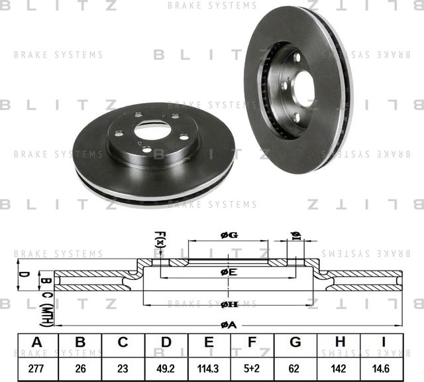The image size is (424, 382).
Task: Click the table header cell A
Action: pyautogui.click(x=37, y=342)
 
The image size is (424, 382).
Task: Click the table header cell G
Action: pyautogui.click(x=295, y=342)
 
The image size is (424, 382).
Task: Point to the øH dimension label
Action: pyautogui.click(x=229, y=304)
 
